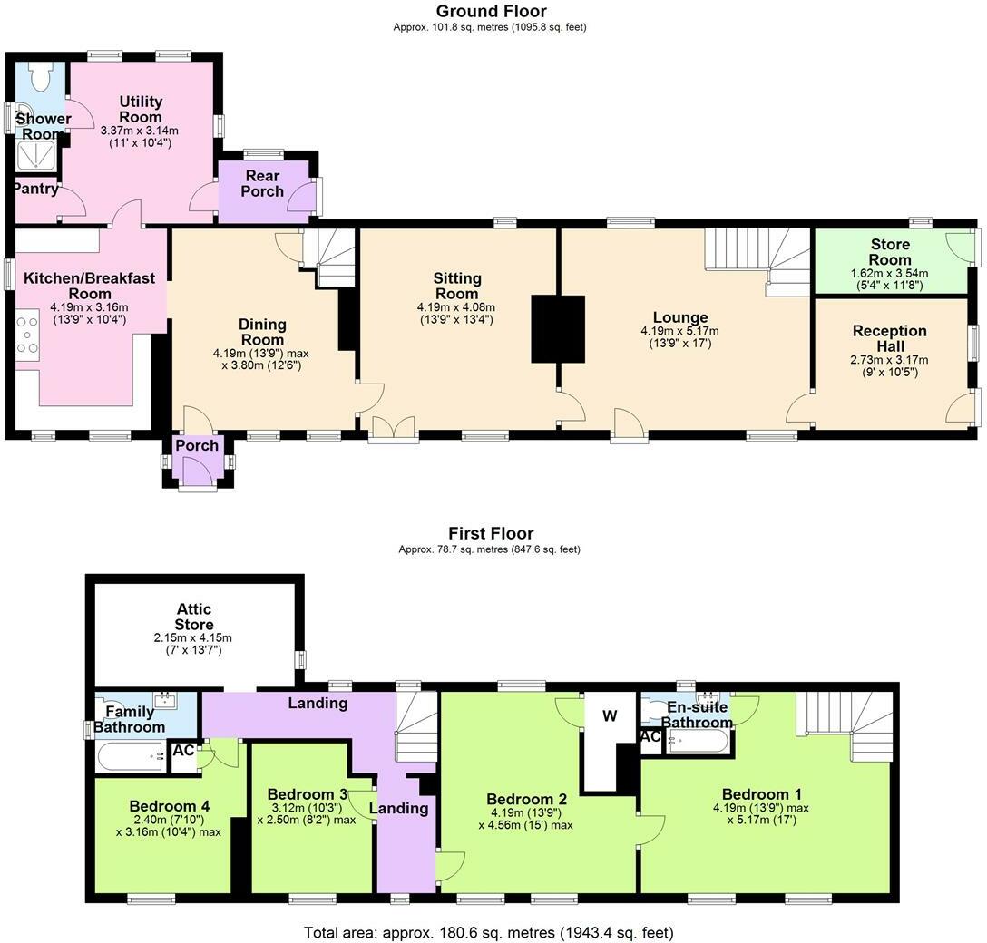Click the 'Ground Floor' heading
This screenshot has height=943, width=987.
[491, 12]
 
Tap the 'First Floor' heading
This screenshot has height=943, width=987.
[491, 534]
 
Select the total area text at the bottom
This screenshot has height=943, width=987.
[489, 931]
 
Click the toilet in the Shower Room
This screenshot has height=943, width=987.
[40, 77]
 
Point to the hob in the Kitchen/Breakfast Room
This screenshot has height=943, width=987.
[26, 334]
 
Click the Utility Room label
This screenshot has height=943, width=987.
[141, 110]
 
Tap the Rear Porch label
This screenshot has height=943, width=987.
[261, 183]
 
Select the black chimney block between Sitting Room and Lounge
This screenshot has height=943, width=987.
[558, 328]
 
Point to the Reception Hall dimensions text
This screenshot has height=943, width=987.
[889, 365]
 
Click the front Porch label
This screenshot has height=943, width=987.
[197, 446]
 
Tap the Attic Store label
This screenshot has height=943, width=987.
[194, 617]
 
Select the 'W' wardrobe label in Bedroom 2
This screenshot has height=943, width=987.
[611, 716]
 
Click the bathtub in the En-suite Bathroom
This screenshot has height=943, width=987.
[697, 743]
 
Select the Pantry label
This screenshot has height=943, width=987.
[35, 189]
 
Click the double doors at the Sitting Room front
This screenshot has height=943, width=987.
[394, 428]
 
